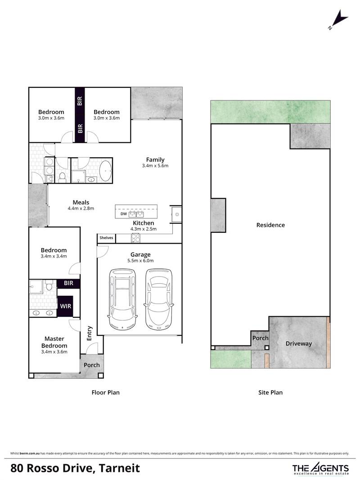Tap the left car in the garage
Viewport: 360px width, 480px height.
click(x=122, y=299)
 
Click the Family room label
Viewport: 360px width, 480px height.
click(x=155, y=159)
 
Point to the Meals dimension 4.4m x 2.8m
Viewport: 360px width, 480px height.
click(x=81, y=208)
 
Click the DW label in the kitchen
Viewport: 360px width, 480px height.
click(x=124, y=214)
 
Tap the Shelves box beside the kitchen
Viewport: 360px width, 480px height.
click(x=107, y=238)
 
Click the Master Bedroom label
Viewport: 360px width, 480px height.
click(x=54, y=342)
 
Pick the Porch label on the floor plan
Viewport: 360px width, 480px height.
click(x=92, y=365)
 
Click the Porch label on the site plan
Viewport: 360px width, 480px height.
click(x=260, y=338)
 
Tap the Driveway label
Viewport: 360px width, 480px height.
click(x=299, y=344)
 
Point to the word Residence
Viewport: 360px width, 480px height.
click(x=270, y=225)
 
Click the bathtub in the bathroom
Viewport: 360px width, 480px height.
click(x=106, y=171)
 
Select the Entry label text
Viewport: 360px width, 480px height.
click(x=90, y=333)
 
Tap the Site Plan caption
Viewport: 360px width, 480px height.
click(x=270, y=393)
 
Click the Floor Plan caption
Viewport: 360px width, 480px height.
click(x=106, y=393)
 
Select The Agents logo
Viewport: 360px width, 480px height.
click(x=321, y=468)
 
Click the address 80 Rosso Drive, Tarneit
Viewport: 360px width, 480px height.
click(x=75, y=468)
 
